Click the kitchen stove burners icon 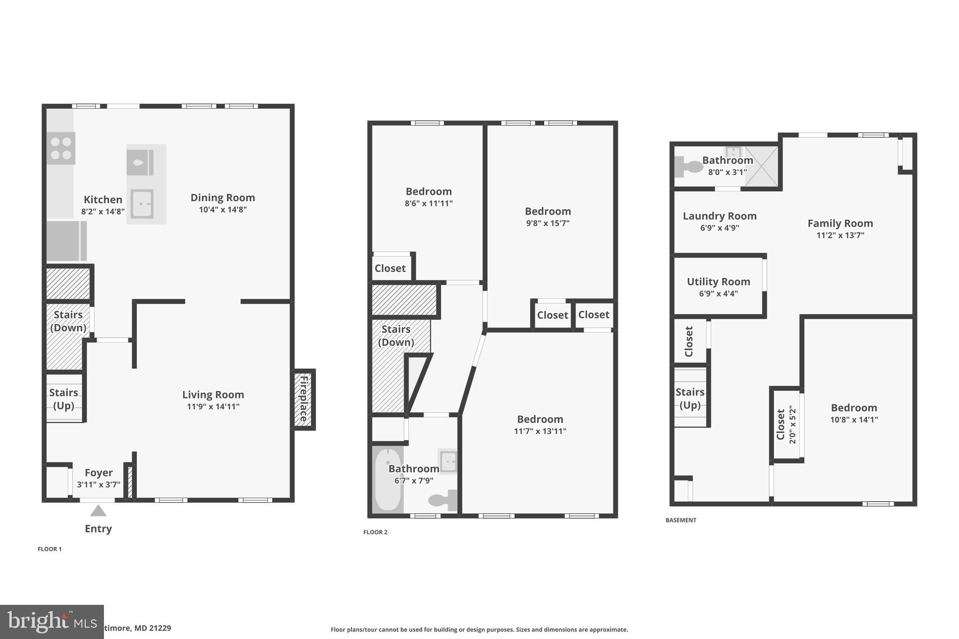pos(61,148)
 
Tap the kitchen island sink pos(142,204)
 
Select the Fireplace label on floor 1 pos(304,399)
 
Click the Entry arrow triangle pos(98,511)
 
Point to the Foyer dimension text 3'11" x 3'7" pos(99,485)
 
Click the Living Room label pos(213,395)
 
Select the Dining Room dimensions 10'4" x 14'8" pos(222,210)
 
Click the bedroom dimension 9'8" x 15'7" pos(547,223)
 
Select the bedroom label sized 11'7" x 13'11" pos(540,419)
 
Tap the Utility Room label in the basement pos(718,282)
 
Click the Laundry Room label pos(719,216)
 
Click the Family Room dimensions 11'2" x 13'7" pos(840,235)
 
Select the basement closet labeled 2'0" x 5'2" pos(786,425)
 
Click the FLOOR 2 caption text pos(375,532)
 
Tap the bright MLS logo pos(52,622)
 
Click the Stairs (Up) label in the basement pos(690,398)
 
